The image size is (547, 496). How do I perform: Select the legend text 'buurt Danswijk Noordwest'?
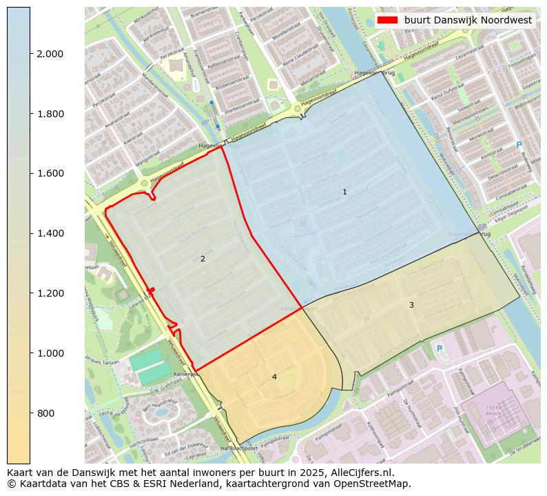tap(468, 20)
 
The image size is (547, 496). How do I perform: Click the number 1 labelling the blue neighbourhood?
tap(344, 192)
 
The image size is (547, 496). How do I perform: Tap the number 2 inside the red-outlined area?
tap(203, 259)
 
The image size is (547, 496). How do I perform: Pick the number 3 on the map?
tap(411, 305)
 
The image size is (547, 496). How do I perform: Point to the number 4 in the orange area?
tap(274, 377)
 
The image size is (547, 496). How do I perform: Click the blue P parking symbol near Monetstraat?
tap(519, 145)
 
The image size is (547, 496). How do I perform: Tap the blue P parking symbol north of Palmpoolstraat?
tap(440, 349)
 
